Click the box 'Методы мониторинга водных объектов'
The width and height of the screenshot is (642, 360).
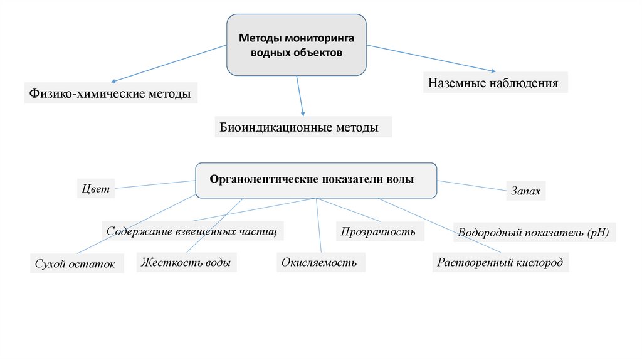click(297, 45)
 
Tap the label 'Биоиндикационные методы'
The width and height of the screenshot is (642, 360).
click(303, 127)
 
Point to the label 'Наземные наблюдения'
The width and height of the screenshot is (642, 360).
click(495, 82)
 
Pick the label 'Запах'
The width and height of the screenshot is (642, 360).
click(526, 191)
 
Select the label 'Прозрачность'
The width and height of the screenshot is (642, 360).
click(379, 231)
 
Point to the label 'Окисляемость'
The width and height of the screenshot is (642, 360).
click(320, 262)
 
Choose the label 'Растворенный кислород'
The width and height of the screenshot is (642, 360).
click(500, 262)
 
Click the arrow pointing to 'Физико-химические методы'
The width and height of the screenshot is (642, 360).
click(169, 63)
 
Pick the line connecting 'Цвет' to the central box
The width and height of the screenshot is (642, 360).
click(155, 184)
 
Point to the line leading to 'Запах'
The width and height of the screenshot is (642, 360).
click(472, 186)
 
